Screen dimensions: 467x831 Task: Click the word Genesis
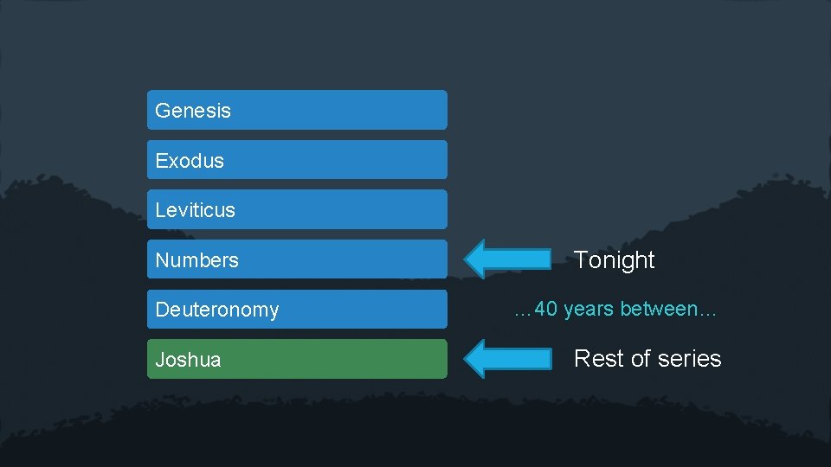(x=193, y=111)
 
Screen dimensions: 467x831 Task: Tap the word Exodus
(x=190, y=161)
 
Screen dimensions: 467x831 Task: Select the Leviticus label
(x=195, y=210)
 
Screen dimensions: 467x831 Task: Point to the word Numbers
(x=196, y=260)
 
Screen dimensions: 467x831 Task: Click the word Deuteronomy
(x=217, y=310)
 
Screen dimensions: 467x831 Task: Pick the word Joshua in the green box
(x=188, y=360)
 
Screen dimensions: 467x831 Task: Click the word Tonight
(x=615, y=259)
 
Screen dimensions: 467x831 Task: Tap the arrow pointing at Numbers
(x=508, y=259)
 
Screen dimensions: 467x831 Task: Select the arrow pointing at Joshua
(x=508, y=358)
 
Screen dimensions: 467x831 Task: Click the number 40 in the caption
(x=547, y=309)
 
